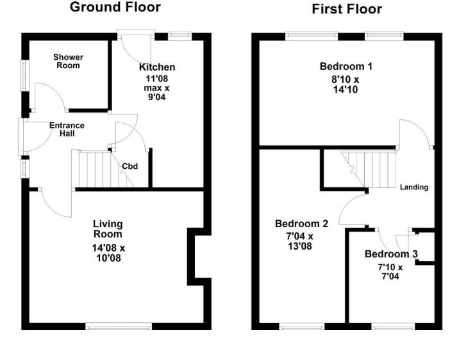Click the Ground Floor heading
pos(115,8)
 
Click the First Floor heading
pos(346,9)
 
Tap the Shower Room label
pos(69,61)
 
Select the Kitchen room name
pos(157,67)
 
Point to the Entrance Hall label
pos(67,130)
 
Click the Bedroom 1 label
pos(346,66)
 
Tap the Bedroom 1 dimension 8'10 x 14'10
pos(346,85)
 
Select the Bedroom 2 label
pos(301,224)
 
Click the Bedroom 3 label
pos(391,254)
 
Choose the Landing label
pos(413,187)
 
